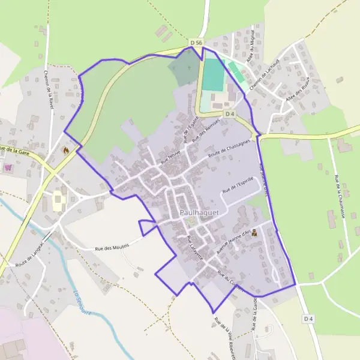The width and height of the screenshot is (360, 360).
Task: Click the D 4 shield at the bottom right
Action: pos(308,319)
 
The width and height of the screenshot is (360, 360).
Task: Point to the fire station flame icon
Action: pos(66,149)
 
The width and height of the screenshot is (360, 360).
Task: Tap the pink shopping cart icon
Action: pos(8,167)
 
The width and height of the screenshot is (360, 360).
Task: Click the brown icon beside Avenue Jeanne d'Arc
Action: pos(255,232)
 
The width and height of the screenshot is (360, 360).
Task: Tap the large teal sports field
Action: pos(214,75)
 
